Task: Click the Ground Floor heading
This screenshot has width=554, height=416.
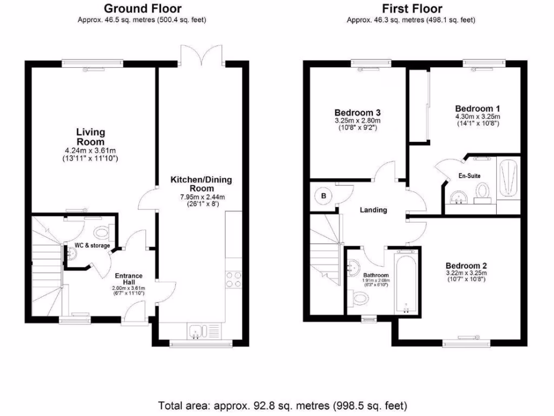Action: click(142, 8)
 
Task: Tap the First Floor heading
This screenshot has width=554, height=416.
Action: click(412, 8)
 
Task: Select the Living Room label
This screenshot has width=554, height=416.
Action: click(90, 137)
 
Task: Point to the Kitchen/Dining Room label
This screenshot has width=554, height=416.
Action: click(201, 184)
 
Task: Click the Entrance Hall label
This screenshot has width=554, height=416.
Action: click(129, 279)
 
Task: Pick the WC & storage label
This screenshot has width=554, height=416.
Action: click(92, 245)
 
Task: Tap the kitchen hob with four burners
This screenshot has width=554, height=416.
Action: click(234, 279)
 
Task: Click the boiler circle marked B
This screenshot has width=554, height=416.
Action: click(324, 196)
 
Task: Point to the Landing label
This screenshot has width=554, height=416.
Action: click(373, 210)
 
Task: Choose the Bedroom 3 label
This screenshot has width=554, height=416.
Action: click(357, 113)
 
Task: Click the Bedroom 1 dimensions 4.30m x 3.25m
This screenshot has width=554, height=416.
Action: click(477, 116)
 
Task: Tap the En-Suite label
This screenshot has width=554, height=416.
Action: click(469, 175)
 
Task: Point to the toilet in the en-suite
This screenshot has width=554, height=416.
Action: click(482, 192)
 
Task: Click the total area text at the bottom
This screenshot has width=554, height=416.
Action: click(282, 405)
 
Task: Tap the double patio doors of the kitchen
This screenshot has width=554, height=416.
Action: click(201, 55)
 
